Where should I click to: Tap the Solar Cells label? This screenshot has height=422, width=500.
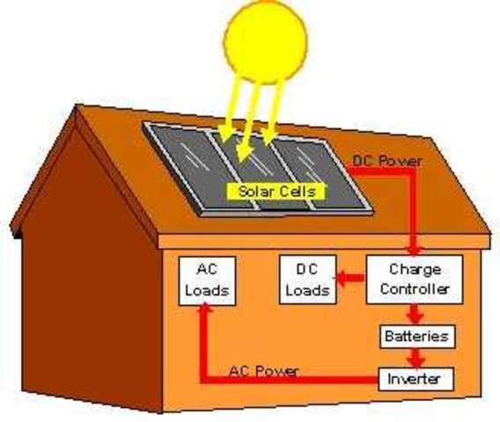(x=276, y=190)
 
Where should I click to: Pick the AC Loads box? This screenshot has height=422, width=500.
(x=206, y=280)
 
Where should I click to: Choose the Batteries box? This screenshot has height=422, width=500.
(x=417, y=336)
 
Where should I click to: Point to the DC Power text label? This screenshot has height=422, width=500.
(x=386, y=162)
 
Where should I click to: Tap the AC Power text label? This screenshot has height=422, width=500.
(x=263, y=370)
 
